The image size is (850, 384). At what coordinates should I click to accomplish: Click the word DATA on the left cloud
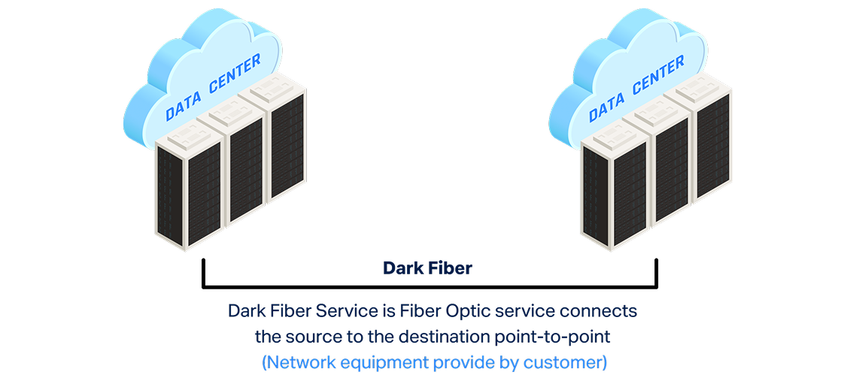(x=184, y=104)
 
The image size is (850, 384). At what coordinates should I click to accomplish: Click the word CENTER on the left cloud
(x=235, y=74)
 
